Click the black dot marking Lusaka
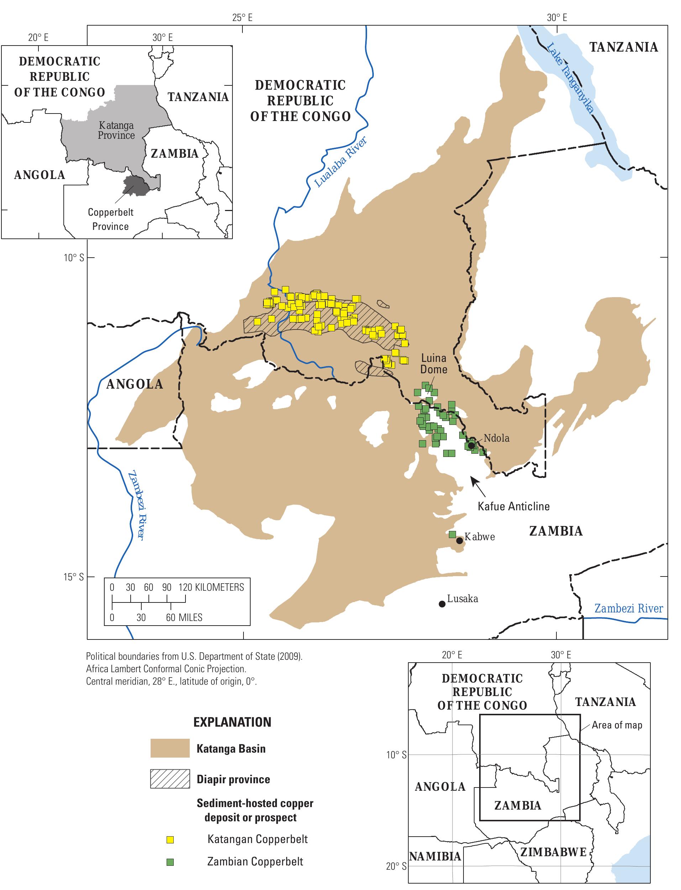point(442,604)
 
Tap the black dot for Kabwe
point(460,541)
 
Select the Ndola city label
point(496,438)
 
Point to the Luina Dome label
point(434,363)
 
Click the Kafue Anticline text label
point(514,506)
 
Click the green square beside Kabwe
point(453,534)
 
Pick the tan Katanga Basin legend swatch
point(170,748)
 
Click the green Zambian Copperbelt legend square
point(170,862)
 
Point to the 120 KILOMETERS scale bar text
point(211,588)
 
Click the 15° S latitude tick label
point(73,576)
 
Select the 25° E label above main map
point(242,17)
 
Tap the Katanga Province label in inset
point(116,131)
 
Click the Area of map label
point(617,725)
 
